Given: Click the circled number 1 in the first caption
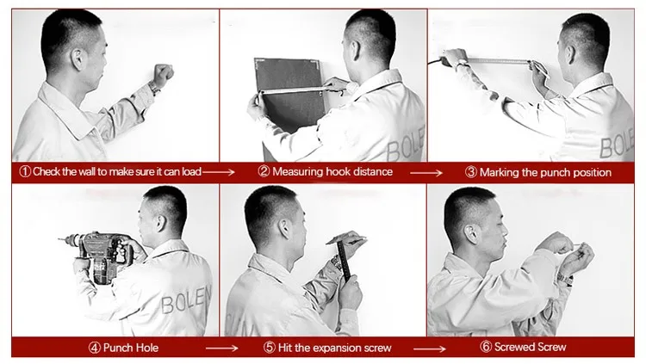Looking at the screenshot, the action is pyautogui.click(x=25, y=172).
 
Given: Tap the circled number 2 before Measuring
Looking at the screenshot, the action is pyautogui.click(x=264, y=172).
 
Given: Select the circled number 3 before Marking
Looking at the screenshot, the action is pyautogui.click(x=471, y=172).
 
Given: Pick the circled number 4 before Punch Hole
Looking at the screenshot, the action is pyautogui.click(x=95, y=348).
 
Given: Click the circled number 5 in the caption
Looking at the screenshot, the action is pyautogui.click(x=269, y=348).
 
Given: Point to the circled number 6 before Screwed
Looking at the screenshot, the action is pyautogui.click(x=486, y=347).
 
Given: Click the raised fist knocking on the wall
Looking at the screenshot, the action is pyautogui.click(x=163, y=74).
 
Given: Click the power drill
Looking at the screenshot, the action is pyautogui.click(x=99, y=255).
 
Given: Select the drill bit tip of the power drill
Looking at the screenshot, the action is pyautogui.click(x=59, y=239).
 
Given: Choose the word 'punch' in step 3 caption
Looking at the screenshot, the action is pyautogui.click(x=554, y=172).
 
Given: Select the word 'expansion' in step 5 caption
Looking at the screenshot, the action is pyautogui.click(x=337, y=349).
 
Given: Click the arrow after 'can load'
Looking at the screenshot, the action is pyautogui.click(x=219, y=172).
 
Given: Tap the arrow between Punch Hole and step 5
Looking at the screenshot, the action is pyautogui.click(x=221, y=349).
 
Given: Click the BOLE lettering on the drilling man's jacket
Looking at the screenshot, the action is pyautogui.click(x=186, y=300).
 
